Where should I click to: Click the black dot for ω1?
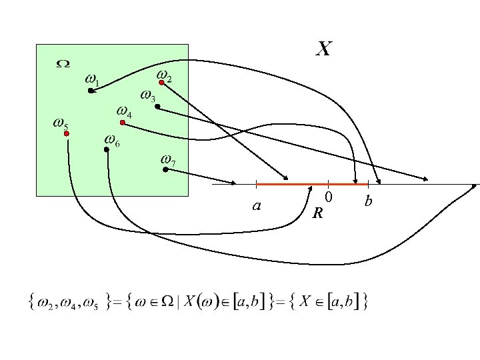point(91,91)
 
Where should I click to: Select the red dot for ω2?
point(161,83)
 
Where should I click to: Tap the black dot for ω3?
point(157,107)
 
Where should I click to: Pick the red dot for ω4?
point(123,123)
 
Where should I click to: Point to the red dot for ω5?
point(67,133)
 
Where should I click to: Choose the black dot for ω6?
point(107,149)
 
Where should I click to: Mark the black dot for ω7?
point(165,169)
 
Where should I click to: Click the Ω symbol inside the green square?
point(63,64)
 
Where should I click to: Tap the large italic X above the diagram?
point(323,49)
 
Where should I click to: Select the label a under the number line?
point(257,206)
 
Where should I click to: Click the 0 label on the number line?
point(329,197)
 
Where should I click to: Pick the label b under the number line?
point(368,201)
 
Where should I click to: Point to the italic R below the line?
point(318,213)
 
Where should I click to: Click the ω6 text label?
point(112,141)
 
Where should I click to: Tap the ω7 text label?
point(168,160)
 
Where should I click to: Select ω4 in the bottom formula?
point(67,303)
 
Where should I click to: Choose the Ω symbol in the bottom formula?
point(167,301)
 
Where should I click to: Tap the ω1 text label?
point(92,80)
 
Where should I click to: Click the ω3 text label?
point(148,96)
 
